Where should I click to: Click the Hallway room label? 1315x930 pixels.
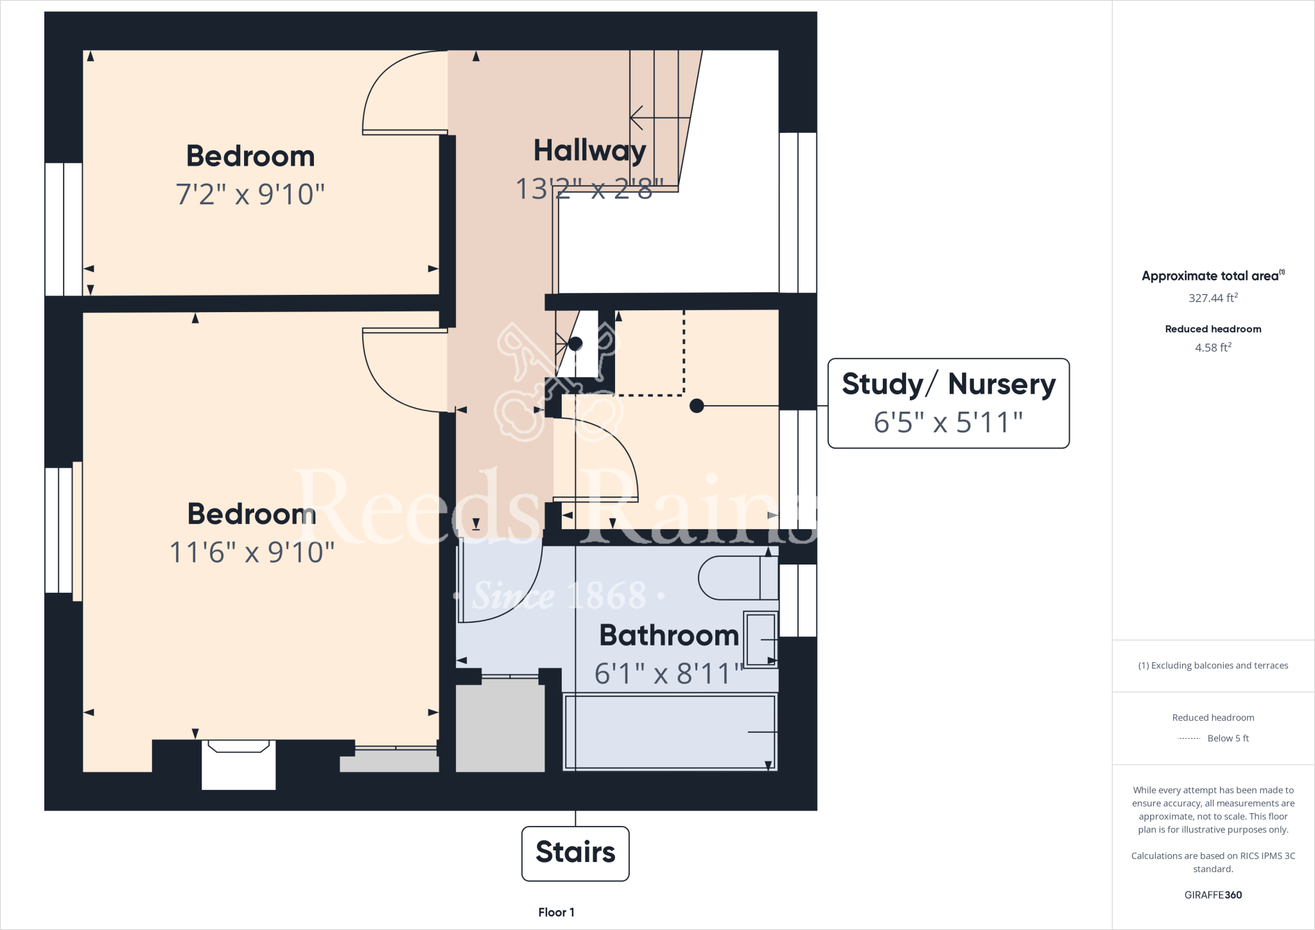(x=589, y=152)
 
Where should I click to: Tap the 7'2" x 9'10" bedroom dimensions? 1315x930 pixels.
(x=250, y=194)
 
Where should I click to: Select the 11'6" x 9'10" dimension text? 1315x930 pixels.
(x=252, y=552)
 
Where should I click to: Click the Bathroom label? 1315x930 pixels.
(x=669, y=636)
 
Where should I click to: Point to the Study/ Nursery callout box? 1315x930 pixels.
(x=948, y=403)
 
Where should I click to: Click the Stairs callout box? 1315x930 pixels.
(x=575, y=853)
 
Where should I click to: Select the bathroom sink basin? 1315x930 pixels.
(x=761, y=640)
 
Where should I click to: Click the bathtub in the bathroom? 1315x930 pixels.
(x=670, y=732)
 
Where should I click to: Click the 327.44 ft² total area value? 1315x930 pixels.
(x=1213, y=298)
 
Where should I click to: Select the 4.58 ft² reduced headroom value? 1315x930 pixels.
(x=1213, y=347)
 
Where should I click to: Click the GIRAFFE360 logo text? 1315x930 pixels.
(x=1213, y=895)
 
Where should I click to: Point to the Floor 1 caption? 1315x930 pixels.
(x=556, y=912)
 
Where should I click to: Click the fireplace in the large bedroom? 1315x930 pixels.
(x=238, y=764)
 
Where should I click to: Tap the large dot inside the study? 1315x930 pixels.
(x=697, y=406)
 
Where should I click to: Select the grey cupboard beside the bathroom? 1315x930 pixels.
(x=500, y=726)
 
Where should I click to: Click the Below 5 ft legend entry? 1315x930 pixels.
(x=1227, y=738)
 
